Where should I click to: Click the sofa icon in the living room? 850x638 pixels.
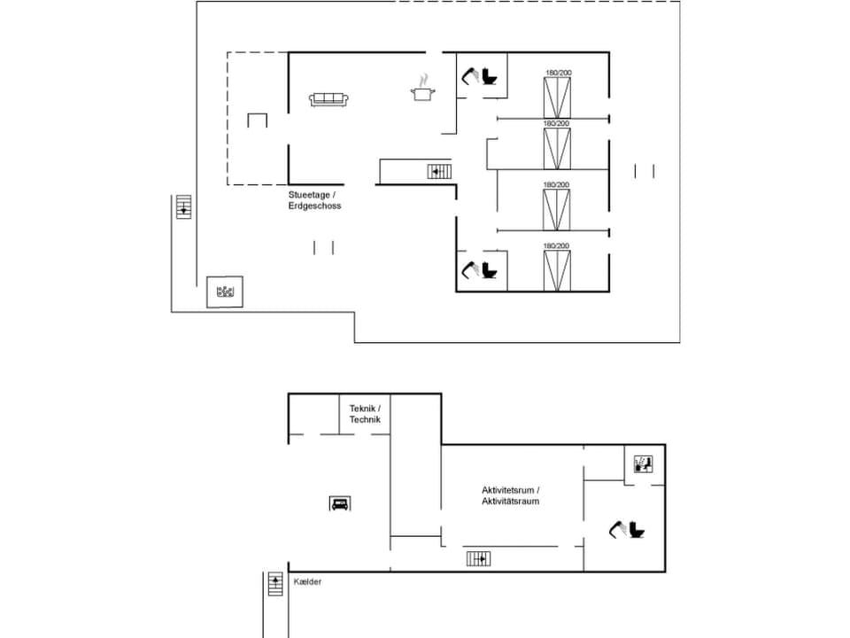[x=329, y=99]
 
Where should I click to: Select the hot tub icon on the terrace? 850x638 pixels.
[x=226, y=291]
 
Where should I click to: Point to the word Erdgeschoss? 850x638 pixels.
[x=314, y=206]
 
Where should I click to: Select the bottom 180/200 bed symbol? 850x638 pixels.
[x=557, y=270]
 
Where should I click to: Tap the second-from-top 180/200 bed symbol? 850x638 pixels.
[x=557, y=149]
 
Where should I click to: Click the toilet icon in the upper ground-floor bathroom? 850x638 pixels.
[x=490, y=76]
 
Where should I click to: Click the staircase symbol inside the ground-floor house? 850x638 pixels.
[x=440, y=171]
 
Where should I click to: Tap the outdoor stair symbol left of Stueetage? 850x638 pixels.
[x=183, y=208]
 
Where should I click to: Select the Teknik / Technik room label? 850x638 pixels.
[x=365, y=414]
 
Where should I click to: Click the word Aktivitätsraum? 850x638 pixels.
[x=511, y=502]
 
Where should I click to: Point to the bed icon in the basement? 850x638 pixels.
[x=339, y=503]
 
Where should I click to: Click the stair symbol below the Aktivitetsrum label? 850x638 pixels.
[x=479, y=558]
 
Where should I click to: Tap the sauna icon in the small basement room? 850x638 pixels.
[x=644, y=463]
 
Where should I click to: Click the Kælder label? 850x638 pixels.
[x=307, y=581]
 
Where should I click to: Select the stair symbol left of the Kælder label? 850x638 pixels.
[x=274, y=585]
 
